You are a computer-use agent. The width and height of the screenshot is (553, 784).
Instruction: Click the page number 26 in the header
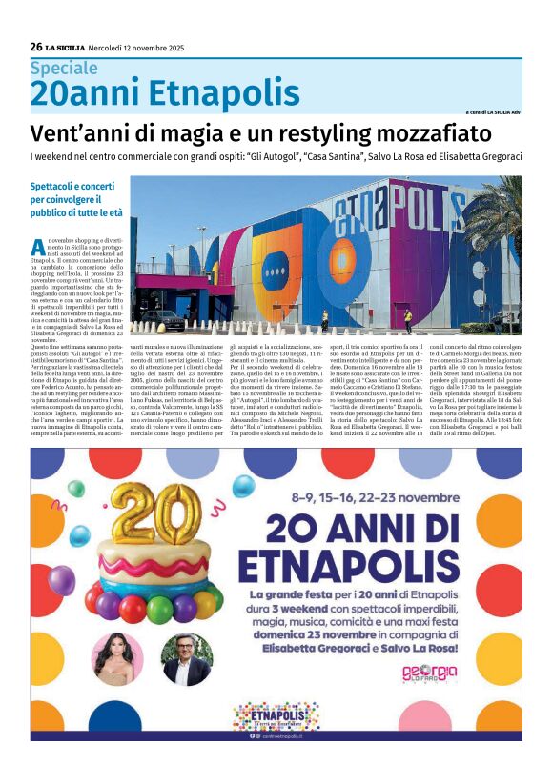[36, 47]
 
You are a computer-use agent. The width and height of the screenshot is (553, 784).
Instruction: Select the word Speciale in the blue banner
[63, 69]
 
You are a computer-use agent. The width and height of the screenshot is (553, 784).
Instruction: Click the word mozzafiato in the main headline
[428, 132]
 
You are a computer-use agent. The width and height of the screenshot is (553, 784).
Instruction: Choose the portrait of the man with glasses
[186, 660]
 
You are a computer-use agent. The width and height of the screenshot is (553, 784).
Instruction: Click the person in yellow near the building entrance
[408, 319]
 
